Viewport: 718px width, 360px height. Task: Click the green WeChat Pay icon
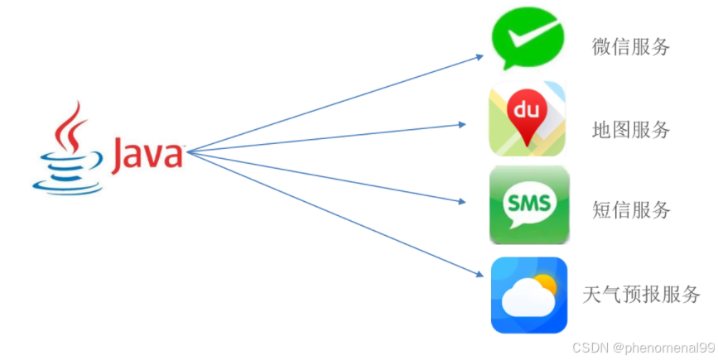[x=528, y=39]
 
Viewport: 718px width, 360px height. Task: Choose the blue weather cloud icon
[x=528, y=295]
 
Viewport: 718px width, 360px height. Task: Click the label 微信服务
[x=631, y=47]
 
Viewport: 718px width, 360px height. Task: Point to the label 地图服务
[x=631, y=130]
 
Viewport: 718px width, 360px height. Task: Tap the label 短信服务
[x=631, y=210]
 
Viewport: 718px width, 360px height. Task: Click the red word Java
[x=147, y=154]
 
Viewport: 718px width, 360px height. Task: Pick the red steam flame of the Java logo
[x=70, y=125]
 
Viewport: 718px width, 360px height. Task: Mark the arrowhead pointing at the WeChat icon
[x=479, y=56]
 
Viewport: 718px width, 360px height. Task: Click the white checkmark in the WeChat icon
[x=528, y=37]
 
